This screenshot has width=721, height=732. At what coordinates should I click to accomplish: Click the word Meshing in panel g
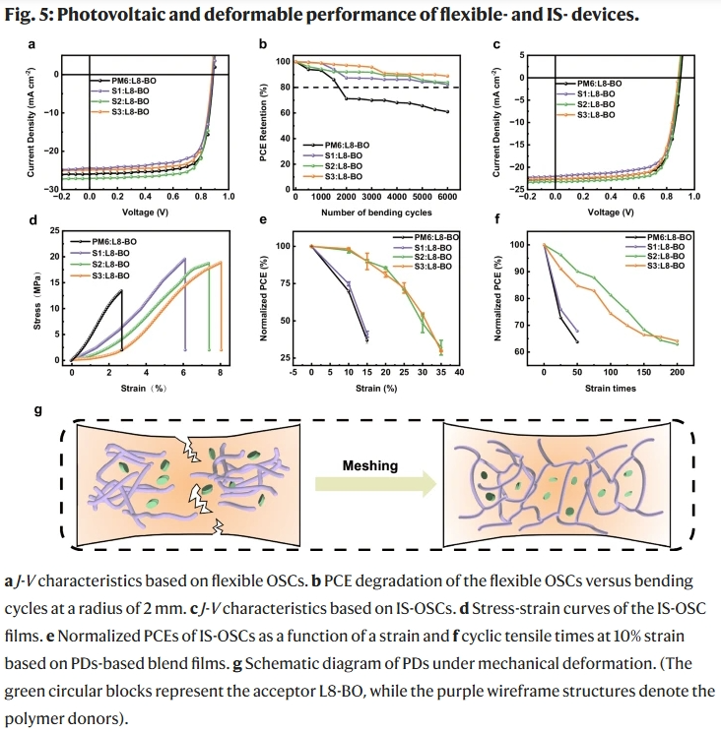tap(370, 465)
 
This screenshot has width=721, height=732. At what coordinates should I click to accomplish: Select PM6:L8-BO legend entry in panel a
tap(123, 80)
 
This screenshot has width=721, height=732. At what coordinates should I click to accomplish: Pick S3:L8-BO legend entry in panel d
tap(117, 275)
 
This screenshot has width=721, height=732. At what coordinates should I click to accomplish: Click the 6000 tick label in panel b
tap(448, 198)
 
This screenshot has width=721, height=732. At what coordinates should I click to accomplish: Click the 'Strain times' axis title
tap(611, 388)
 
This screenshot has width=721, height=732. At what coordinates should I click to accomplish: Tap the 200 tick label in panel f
tap(678, 374)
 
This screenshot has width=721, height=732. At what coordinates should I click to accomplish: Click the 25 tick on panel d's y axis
tap(54, 230)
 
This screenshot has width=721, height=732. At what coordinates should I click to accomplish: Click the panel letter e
tap(263, 221)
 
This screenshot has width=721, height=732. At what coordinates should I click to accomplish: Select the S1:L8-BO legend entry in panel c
tap(596, 94)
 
